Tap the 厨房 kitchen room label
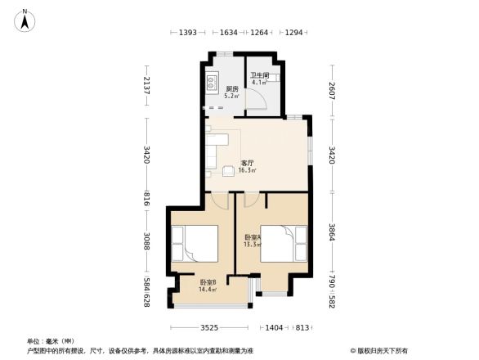(x=232, y=90)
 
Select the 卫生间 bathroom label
(x=260, y=78)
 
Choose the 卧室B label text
(x=208, y=286)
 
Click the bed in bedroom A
(x=282, y=243)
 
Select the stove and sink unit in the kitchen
(x=211, y=82)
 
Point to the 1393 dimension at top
(x=189, y=32)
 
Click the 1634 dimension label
(x=230, y=32)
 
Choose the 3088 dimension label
(x=147, y=241)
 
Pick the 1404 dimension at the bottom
(x=274, y=327)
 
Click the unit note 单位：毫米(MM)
(x=51, y=341)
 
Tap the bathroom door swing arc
(x=258, y=100)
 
